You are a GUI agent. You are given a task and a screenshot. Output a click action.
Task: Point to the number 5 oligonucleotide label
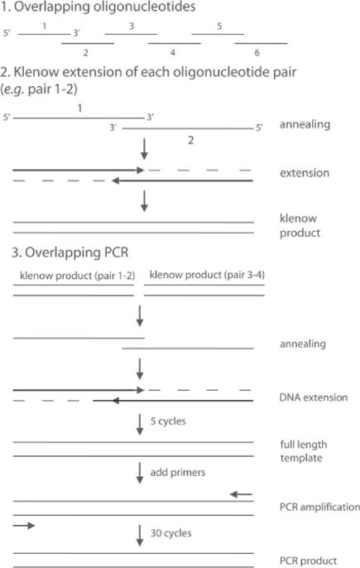tap(219, 27)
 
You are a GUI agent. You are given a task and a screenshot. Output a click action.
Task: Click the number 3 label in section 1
tap(132, 27)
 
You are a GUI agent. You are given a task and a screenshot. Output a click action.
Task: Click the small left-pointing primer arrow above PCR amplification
tap(241, 494)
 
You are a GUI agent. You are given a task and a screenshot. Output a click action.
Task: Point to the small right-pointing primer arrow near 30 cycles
tap(24, 525)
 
